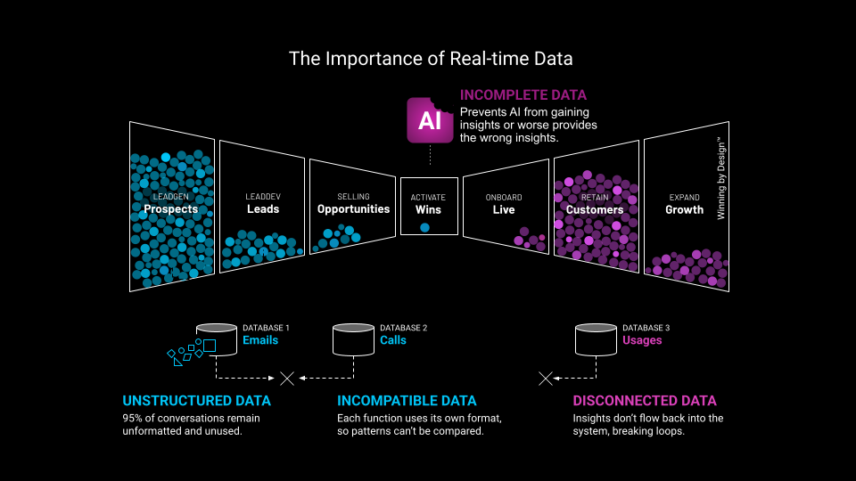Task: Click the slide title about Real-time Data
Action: (x=431, y=59)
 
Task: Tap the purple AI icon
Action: (x=430, y=120)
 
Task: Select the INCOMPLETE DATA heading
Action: (x=523, y=94)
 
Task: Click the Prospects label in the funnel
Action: (x=171, y=210)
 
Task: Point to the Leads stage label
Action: (x=263, y=209)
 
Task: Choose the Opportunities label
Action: (x=353, y=209)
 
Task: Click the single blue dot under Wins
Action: (x=424, y=227)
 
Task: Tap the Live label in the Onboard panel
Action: (x=504, y=210)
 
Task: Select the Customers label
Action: (x=595, y=210)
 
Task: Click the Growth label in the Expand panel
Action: (x=685, y=210)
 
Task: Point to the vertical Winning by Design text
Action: (x=722, y=179)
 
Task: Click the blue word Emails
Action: (x=260, y=340)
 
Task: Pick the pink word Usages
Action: (x=642, y=340)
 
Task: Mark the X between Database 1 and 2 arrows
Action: (x=287, y=378)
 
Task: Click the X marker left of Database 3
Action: (x=546, y=378)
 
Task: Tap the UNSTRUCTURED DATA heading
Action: (x=196, y=401)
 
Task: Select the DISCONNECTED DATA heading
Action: (x=645, y=401)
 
